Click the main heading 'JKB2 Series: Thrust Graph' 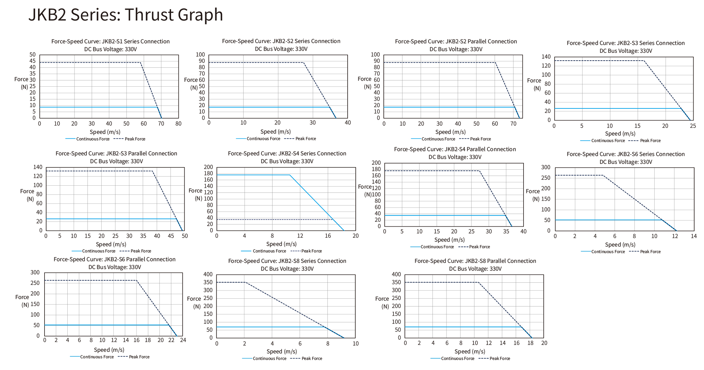coord(126,15)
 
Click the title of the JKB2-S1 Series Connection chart coord(110,41)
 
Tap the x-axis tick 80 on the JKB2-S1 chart coord(178,124)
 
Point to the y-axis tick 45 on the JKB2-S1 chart coord(33,61)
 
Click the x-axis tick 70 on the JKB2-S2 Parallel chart coord(513,124)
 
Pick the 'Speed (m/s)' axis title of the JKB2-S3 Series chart coord(620,134)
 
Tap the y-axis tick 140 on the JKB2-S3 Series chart coord(546,57)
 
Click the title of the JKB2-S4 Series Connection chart coord(287,153)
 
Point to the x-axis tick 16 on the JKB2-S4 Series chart coord(328,236)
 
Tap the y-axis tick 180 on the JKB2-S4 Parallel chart coord(376,169)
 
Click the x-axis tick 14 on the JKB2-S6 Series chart coord(694,236)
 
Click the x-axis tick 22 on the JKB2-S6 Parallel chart coord(171,340)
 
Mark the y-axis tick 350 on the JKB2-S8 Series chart coord(208,282)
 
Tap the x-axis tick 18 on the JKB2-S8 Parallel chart coord(530,343)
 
